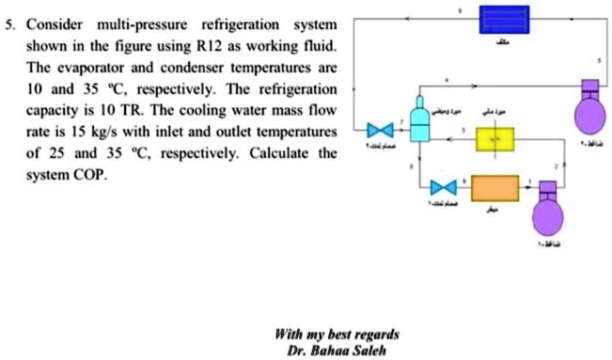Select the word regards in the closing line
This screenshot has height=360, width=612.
(374, 334)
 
